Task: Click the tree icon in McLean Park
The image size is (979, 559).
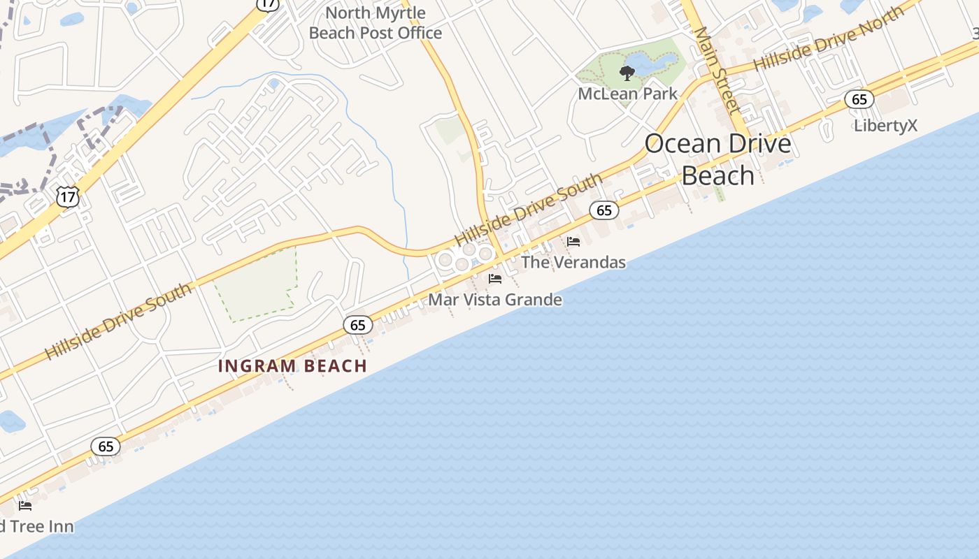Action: (x=627, y=73)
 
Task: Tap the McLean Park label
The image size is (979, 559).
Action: (x=627, y=94)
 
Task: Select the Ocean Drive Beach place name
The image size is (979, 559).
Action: (x=718, y=159)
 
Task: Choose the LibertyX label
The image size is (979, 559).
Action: (x=885, y=126)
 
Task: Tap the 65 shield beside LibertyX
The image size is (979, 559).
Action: (x=859, y=99)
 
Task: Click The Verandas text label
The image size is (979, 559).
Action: (x=573, y=263)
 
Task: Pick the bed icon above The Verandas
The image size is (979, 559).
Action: (x=573, y=242)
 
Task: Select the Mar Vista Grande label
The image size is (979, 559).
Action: (x=495, y=300)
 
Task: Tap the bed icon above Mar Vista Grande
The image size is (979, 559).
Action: (x=495, y=279)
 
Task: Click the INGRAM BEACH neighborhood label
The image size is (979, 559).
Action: (x=292, y=366)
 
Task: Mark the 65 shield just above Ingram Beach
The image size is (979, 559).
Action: (x=358, y=325)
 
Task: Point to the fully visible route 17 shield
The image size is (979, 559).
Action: (x=68, y=198)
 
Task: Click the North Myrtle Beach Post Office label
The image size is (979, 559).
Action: (x=376, y=23)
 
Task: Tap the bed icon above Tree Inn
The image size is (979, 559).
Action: (x=25, y=506)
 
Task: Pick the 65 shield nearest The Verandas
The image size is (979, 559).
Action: (x=604, y=210)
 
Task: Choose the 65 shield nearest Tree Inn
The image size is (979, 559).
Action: (x=106, y=447)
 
